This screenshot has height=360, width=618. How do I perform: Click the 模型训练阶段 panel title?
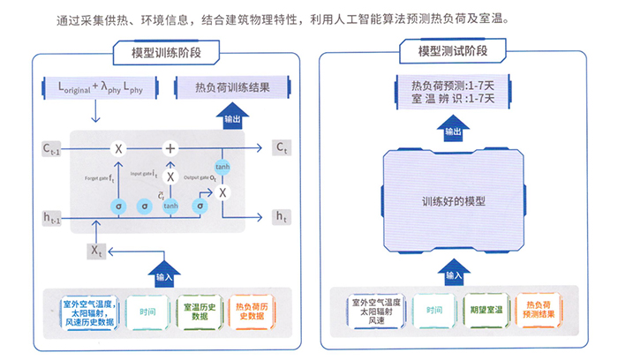(164, 52)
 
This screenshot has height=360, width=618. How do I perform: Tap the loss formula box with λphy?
(94, 89)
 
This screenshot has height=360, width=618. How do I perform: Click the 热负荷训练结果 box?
(232, 89)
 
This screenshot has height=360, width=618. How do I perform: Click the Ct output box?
(282, 147)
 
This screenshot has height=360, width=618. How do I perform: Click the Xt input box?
(96, 251)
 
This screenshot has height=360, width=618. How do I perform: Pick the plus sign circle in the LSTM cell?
(170, 147)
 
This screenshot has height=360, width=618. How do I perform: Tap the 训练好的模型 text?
(454, 200)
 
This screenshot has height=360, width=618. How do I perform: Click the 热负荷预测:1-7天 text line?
(454, 86)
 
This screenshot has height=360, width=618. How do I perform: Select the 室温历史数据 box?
(200, 311)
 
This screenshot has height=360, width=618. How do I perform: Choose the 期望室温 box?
(486, 311)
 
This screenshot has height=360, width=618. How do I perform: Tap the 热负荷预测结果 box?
(538, 311)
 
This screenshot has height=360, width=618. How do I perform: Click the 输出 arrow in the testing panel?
(453, 130)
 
